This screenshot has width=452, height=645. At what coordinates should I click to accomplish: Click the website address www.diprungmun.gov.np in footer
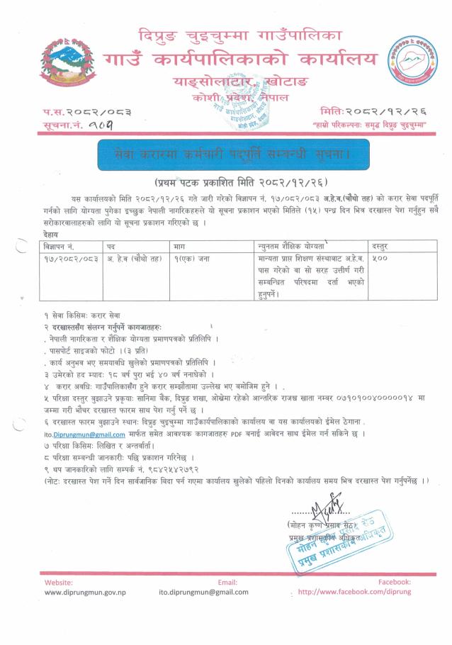(85, 591)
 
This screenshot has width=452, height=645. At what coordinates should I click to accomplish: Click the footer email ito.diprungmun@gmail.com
(203, 591)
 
